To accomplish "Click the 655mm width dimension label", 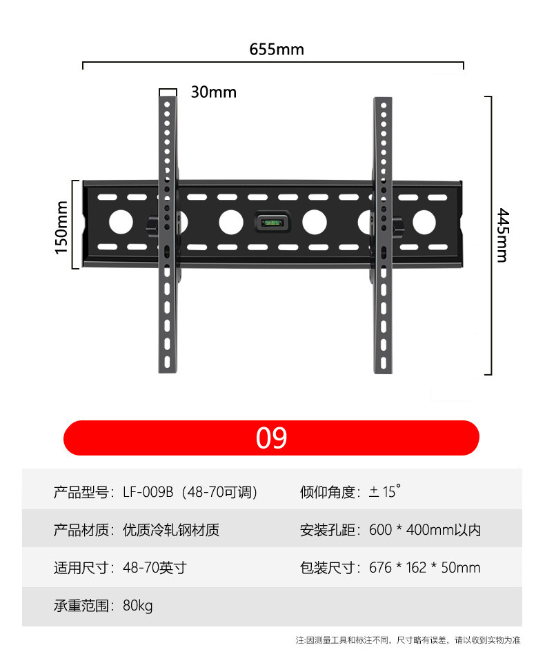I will pyautogui.click(x=276, y=50).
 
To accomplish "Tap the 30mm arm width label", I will pyautogui.click(x=213, y=92).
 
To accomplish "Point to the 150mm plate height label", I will pyautogui.click(x=62, y=227).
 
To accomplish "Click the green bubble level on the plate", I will pyautogui.click(x=271, y=223).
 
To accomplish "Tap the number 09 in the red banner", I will pyautogui.click(x=271, y=438).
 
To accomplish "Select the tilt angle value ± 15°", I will pyautogui.click(x=384, y=492).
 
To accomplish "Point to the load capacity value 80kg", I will pyautogui.click(x=138, y=606).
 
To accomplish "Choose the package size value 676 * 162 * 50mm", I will pyautogui.click(x=425, y=568).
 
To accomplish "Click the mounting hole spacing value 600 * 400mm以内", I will pyautogui.click(x=425, y=530).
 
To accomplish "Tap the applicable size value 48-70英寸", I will pyautogui.click(x=155, y=568).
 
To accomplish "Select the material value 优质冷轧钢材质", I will pyautogui.click(x=171, y=530).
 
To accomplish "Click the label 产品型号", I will pyautogui.click(x=81, y=492).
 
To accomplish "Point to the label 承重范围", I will pyautogui.click(x=81, y=606).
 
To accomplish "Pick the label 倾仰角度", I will pyautogui.click(x=328, y=492).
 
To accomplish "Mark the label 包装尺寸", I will pyautogui.click(x=328, y=568).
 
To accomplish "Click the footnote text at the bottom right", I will pyautogui.click(x=408, y=640).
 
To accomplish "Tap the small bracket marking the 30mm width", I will pyautogui.click(x=168, y=91).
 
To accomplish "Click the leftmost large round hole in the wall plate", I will pyautogui.click(x=121, y=222).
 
